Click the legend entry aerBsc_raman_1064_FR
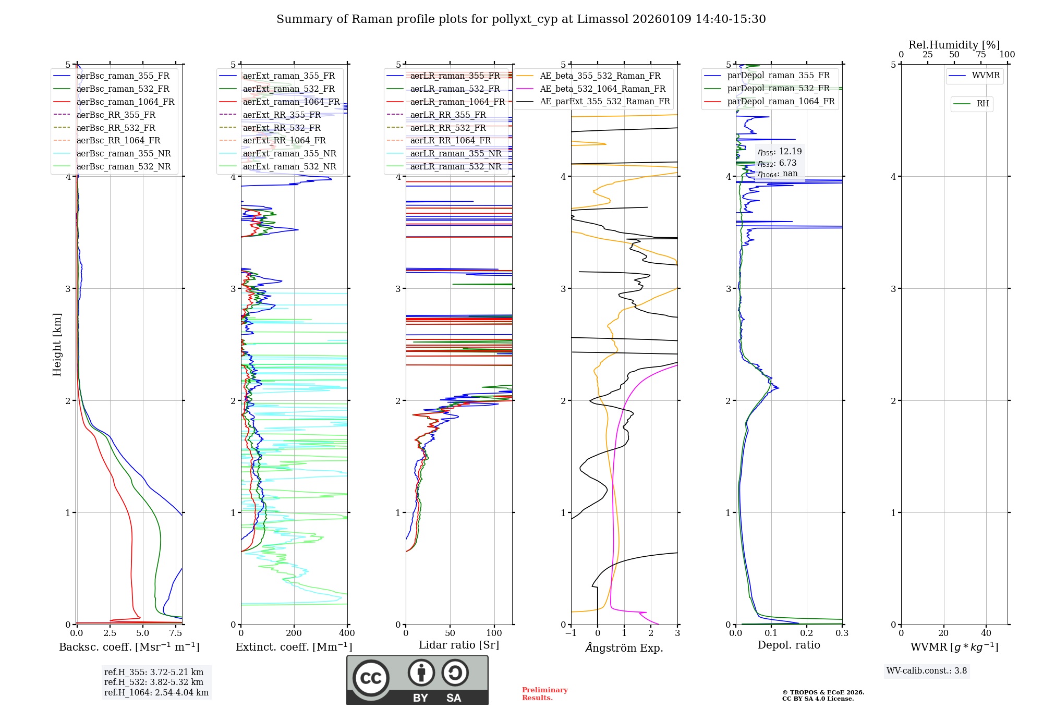coord(125,102)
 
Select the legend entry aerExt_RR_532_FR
coord(282,128)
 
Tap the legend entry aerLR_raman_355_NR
coord(455,154)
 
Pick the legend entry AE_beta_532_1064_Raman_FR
coord(602,89)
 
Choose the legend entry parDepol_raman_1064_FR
coord(781,102)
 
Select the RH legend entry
coord(983,104)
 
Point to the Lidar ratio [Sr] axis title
coord(459,645)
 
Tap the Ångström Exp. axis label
coord(624,648)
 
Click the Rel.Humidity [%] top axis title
coord(954,45)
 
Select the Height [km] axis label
coord(57,345)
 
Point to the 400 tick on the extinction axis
coord(347,633)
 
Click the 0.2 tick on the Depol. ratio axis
coord(807,633)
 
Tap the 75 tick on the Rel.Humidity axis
coord(981,55)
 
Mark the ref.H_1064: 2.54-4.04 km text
coord(156,693)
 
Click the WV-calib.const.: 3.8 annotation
coord(927,671)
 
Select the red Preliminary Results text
coord(544,694)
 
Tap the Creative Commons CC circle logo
coord(371,678)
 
